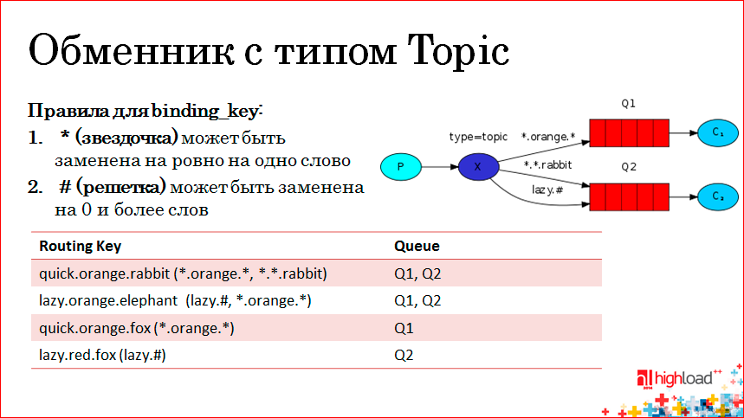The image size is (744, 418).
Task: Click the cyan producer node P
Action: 400,165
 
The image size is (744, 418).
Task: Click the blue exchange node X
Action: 476,165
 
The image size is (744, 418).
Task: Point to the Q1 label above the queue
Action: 629,104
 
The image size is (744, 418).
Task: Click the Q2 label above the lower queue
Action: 629,166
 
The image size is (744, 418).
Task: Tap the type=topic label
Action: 478,137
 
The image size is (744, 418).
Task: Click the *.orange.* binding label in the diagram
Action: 547,137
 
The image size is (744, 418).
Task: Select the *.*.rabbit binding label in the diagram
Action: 547,164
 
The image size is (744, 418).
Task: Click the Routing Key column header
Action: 81,246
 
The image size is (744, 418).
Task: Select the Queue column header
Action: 417,246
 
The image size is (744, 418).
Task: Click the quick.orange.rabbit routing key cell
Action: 183,273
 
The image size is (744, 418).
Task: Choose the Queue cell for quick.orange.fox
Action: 404,328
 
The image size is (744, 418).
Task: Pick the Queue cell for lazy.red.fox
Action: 404,355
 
